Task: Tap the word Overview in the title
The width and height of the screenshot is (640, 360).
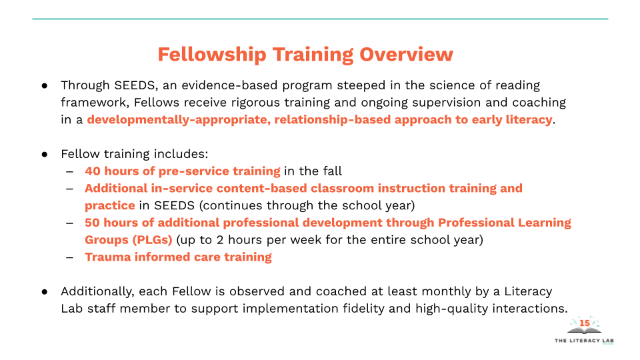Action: click(x=406, y=54)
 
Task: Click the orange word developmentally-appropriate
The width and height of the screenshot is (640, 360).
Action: click(x=179, y=120)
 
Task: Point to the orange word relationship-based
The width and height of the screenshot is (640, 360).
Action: click(x=332, y=120)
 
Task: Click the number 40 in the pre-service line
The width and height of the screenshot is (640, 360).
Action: click(x=93, y=171)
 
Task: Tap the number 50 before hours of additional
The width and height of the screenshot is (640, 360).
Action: click(x=93, y=223)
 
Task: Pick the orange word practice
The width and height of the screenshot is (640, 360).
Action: click(x=110, y=206)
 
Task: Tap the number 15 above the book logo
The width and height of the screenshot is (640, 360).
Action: click(x=585, y=323)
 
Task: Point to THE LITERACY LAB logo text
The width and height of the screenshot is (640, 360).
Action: click(x=584, y=341)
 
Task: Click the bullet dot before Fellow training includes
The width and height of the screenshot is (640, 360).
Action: click(x=45, y=154)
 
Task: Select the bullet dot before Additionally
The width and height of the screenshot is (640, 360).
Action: click(x=45, y=292)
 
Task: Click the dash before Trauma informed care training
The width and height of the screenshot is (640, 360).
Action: click(x=69, y=257)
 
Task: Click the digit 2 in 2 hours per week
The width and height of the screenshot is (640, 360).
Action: click(x=220, y=240)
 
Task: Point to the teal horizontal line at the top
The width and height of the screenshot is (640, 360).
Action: click(x=320, y=19)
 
